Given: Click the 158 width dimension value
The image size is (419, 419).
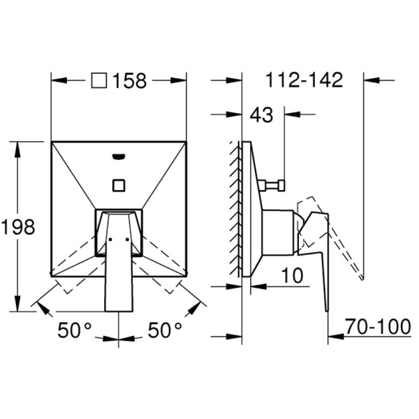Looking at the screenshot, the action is pyautogui.click(x=130, y=81).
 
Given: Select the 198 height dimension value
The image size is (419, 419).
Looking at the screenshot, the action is pyautogui.click(x=18, y=227).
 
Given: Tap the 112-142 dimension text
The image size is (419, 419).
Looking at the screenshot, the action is pyautogui.click(x=304, y=80).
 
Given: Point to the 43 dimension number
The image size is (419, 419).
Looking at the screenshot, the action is pyautogui.click(x=261, y=115).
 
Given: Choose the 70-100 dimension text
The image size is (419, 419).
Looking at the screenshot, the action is pyautogui.click(x=378, y=326).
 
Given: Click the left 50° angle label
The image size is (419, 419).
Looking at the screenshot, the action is pyautogui.click(x=75, y=330).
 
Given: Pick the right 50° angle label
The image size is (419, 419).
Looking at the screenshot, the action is pyautogui.click(x=165, y=330).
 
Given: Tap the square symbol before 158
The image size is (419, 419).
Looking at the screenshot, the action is pyautogui.click(x=99, y=81).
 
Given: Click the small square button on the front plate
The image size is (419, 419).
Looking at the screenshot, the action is pyautogui.click(x=119, y=185).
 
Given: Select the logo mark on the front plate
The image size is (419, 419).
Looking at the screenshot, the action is pyautogui.click(x=119, y=156).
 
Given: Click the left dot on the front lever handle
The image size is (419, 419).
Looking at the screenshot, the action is pyautogui.click(x=110, y=239).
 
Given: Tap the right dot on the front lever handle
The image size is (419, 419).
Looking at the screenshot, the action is pyautogui.click(x=127, y=239).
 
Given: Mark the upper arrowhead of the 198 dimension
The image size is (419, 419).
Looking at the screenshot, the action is pyautogui.click(x=18, y=149).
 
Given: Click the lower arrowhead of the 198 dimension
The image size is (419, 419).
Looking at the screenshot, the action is pyautogui.click(x=18, y=303).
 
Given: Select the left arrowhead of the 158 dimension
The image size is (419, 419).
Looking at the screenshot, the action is pyautogui.click(x=59, y=80).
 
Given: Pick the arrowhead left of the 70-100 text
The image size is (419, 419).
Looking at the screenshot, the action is pyautogui.click(x=336, y=337).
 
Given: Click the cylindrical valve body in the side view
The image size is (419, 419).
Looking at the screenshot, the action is pyautogui.click(x=278, y=233).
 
